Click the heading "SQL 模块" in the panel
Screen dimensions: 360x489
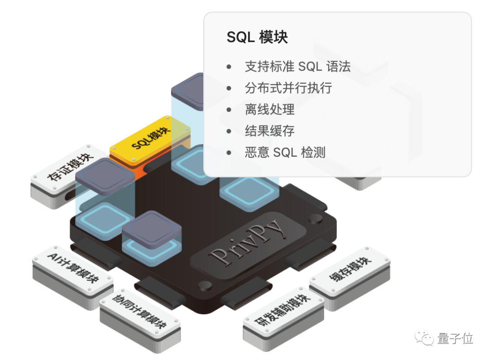pos(257,37)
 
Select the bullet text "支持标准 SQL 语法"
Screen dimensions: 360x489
pos(297,67)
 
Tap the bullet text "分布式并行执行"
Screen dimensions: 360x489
pos(288,88)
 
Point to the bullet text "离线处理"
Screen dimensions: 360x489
pos(269,110)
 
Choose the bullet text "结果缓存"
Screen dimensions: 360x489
pos(269,131)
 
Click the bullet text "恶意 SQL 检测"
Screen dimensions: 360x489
pos(285,153)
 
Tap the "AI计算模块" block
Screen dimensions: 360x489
pos(73,270)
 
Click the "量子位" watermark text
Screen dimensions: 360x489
pos(455,339)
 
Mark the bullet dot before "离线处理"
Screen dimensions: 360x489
pos(229,110)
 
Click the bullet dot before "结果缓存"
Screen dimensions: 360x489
pos(229,132)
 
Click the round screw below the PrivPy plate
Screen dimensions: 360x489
pos(205,286)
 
